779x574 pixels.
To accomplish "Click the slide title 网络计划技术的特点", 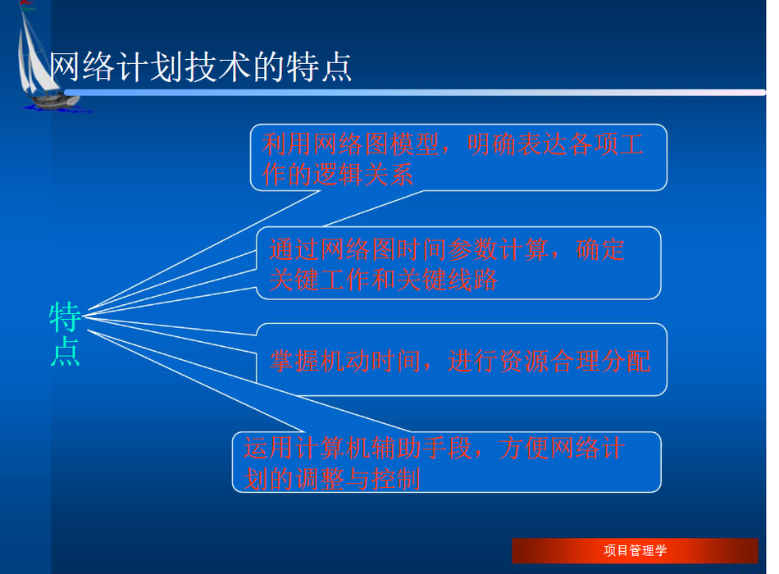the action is (200, 67).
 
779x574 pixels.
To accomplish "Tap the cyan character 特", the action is (65, 317).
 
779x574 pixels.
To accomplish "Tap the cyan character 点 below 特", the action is (65, 351).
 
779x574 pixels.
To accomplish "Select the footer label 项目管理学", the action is (635, 551).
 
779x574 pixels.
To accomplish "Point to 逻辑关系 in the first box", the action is (363, 175).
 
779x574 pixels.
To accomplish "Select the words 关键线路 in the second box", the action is (447, 280).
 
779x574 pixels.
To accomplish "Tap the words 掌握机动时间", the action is (346, 362).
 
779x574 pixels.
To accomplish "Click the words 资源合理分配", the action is (575, 362).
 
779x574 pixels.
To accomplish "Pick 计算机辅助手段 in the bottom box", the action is (383, 449).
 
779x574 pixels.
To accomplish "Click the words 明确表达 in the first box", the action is (517, 144).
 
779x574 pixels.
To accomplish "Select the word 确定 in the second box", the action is (599, 249).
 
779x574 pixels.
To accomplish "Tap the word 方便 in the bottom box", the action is (524, 449).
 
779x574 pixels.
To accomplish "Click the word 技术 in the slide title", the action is (217, 67).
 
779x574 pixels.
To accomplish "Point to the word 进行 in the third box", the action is (473, 362).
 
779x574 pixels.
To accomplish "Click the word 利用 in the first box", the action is (287, 144).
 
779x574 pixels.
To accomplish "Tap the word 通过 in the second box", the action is (294, 249).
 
